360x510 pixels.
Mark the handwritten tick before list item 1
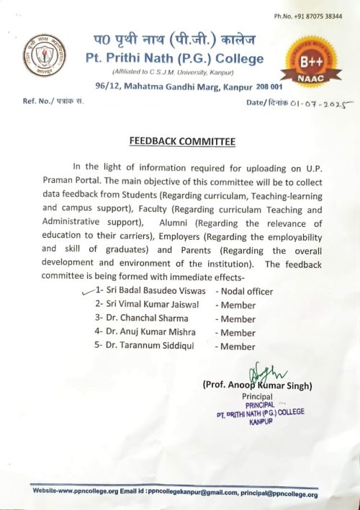coord(89,291)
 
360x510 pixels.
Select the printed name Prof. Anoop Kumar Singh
coord(257,387)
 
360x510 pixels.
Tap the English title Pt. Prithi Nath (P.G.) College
coord(174,59)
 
